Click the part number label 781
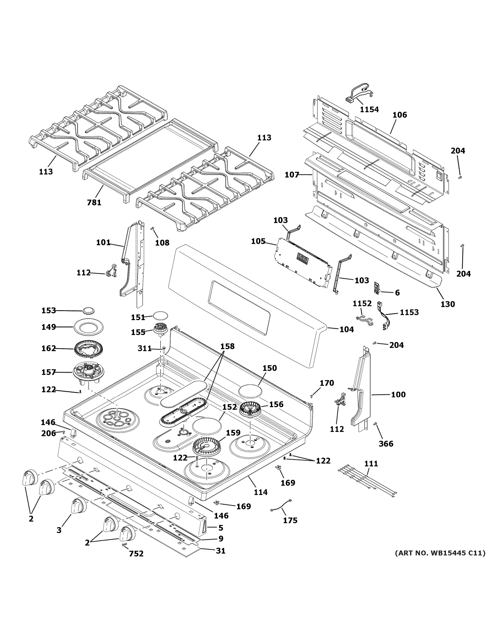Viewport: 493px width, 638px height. click(x=94, y=202)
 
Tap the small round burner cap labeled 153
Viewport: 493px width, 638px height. click(x=89, y=310)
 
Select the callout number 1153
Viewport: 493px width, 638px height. click(x=409, y=312)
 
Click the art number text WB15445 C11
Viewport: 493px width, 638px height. click(x=440, y=553)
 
